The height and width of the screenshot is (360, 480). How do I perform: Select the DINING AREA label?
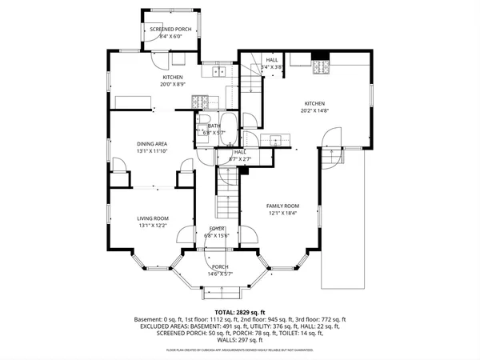(152, 144)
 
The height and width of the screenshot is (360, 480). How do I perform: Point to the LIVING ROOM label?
(152, 218)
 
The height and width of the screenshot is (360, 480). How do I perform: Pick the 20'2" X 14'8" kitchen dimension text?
(314, 110)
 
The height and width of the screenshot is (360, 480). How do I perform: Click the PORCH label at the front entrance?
(220, 266)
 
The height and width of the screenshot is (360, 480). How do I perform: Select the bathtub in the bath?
(226, 126)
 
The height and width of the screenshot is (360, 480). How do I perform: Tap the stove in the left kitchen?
(200, 101)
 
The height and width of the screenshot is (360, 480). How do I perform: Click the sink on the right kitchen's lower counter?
(277, 140)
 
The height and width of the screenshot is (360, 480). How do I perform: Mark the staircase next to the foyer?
(227, 196)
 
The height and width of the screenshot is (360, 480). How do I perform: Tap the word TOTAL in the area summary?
(224, 312)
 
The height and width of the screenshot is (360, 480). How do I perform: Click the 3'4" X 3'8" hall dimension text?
(273, 67)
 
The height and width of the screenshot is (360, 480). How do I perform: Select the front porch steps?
(219, 281)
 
